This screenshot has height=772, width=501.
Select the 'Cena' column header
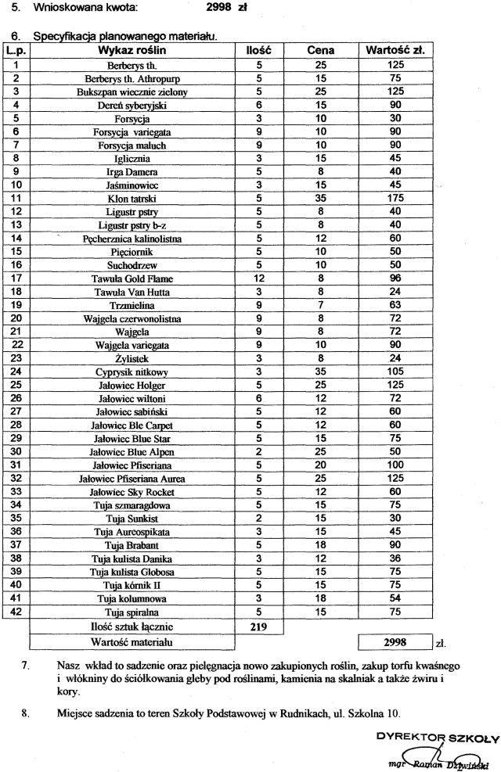(320, 51)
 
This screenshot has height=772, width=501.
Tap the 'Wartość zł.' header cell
(395, 51)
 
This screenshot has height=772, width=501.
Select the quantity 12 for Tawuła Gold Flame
(258, 278)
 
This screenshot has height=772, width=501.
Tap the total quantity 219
(258, 627)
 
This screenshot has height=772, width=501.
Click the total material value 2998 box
(395, 642)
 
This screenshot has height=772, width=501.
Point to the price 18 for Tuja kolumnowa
(320, 598)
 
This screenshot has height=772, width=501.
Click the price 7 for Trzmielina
(320, 305)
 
